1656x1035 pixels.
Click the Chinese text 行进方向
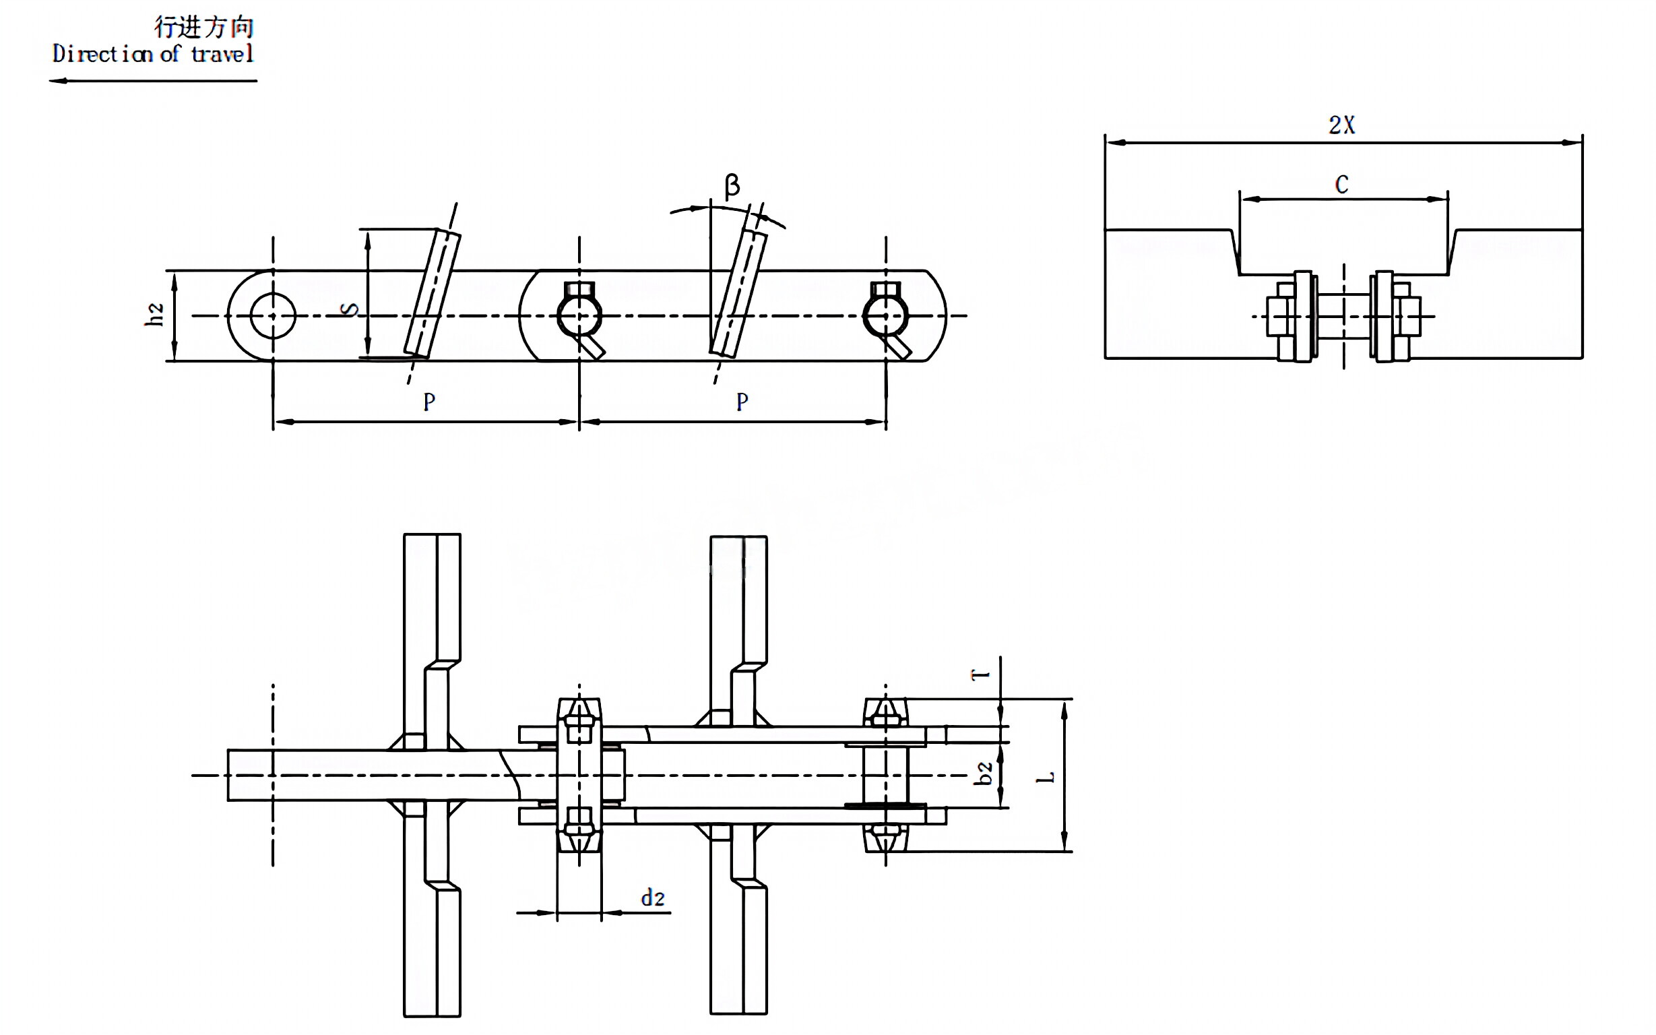click(204, 28)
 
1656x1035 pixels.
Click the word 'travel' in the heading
click(222, 54)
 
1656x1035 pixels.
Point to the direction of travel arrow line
click(153, 81)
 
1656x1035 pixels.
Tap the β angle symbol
click(732, 185)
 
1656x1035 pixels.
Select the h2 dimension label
click(155, 314)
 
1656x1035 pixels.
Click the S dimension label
click(349, 309)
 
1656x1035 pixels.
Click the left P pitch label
click(429, 402)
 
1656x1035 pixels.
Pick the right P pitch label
click(742, 402)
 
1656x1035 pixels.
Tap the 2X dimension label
click(1341, 125)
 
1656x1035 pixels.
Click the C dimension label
click(1341, 185)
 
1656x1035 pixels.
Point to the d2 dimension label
click(652, 898)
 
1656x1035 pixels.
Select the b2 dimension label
click(984, 774)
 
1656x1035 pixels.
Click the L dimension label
click(1046, 778)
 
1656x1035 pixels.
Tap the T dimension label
click(981, 675)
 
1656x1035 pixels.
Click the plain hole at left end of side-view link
click(273, 315)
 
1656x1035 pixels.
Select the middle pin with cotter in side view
click(579, 315)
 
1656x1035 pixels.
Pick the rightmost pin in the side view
click(885, 315)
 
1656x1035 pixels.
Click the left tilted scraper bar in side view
click(433, 294)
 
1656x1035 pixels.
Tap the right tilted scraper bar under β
click(738, 294)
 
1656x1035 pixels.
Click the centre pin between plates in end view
click(1343, 315)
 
